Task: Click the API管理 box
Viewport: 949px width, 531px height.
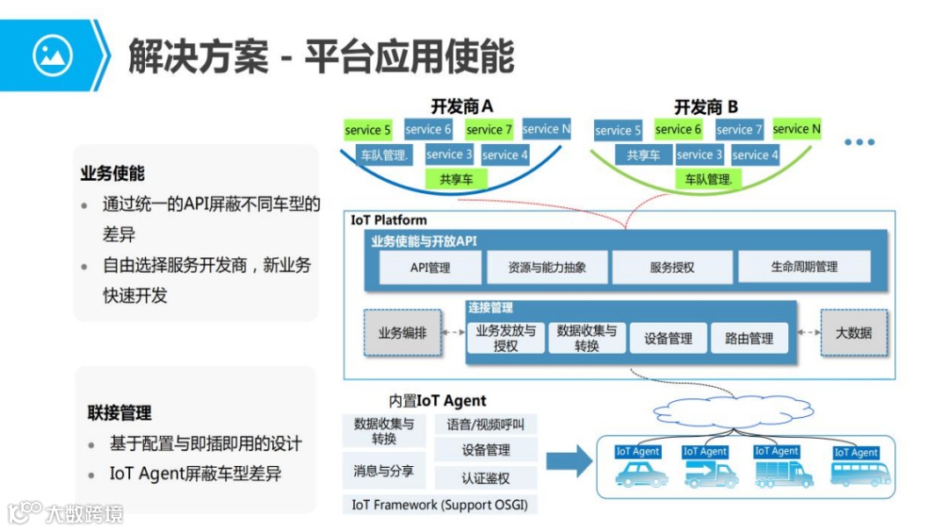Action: click(x=430, y=267)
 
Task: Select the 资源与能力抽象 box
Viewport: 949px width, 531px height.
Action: click(x=547, y=267)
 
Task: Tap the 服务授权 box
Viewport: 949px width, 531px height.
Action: click(x=672, y=267)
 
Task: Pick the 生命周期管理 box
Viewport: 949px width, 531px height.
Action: click(x=804, y=267)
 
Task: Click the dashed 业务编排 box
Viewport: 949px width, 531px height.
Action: click(x=402, y=334)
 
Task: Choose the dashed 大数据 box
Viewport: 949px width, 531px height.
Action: click(x=853, y=334)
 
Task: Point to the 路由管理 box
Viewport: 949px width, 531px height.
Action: click(x=749, y=338)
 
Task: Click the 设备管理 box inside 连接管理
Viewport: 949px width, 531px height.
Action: click(x=668, y=338)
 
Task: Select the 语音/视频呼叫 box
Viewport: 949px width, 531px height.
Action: click(x=486, y=425)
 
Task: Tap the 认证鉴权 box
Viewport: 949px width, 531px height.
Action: click(x=486, y=478)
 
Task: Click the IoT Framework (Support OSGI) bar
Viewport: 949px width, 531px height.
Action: click(x=439, y=505)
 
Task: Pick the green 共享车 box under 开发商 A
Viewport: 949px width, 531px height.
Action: click(x=456, y=178)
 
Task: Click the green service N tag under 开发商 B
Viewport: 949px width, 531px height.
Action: click(x=796, y=129)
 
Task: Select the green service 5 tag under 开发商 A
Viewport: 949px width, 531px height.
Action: click(x=368, y=130)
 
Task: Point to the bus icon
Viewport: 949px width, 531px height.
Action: click(x=860, y=474)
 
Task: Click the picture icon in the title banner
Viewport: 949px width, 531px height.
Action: click(x=52, y=55)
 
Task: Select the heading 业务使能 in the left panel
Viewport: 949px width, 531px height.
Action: click(x=112, y=174)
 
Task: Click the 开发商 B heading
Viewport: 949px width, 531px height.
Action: click(x=706, y=107)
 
